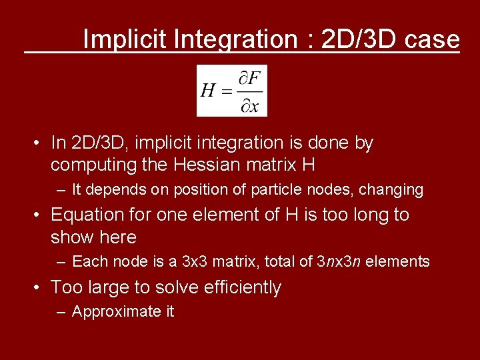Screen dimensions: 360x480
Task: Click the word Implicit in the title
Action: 125,39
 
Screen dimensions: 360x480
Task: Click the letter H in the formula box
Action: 207,91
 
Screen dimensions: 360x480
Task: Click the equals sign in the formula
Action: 227,91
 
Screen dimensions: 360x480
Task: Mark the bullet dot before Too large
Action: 39,288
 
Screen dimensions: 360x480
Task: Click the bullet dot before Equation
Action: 39,215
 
